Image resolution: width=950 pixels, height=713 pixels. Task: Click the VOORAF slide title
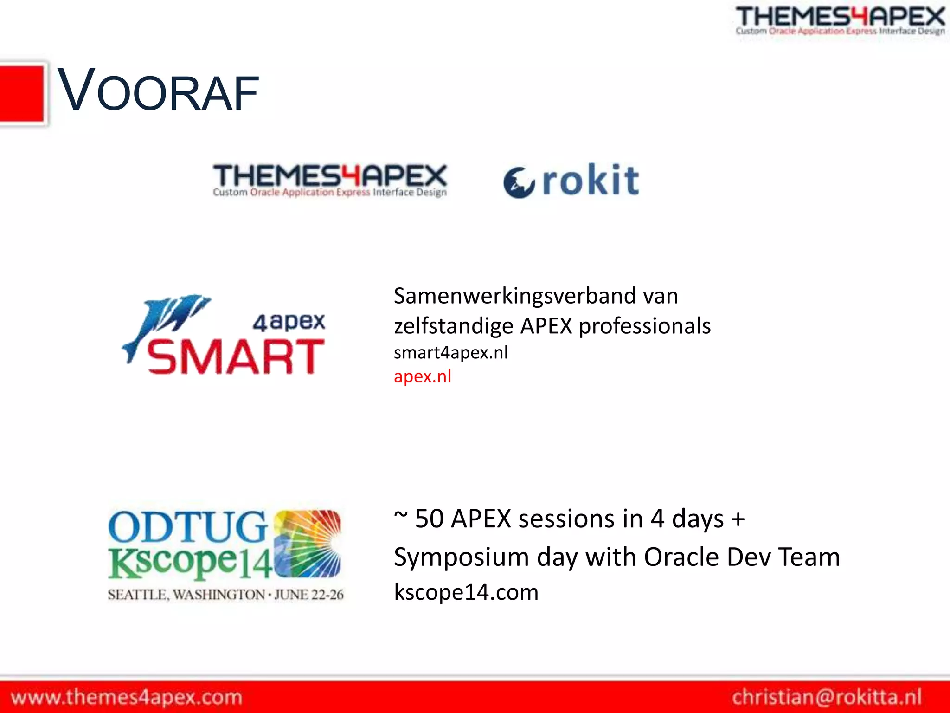click(x=158, y=91)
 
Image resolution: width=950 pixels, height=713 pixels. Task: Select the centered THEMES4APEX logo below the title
click(x=330, y=180)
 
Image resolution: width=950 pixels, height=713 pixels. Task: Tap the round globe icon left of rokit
click(x=519, y=182)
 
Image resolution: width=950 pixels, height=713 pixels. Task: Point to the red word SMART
click(x=236, y=356)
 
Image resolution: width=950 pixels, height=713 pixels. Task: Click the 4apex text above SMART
click(x=289, y=322)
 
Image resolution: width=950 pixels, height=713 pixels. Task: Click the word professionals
click(x=645, y=326)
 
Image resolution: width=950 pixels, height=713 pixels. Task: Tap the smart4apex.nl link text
click(x=450, y=353)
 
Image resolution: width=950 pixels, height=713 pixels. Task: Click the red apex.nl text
click(x=422, y=376)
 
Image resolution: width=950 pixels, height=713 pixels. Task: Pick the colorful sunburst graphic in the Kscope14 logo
click(x=307, y=543)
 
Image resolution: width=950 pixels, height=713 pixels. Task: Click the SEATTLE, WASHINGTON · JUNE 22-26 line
click(x=225, y=595)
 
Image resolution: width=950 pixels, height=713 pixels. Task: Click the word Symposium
click(x=461, y=557)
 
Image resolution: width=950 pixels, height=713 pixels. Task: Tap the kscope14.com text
click(x=466, y=592)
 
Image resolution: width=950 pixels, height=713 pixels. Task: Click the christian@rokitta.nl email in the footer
click(x=827, y=697)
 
